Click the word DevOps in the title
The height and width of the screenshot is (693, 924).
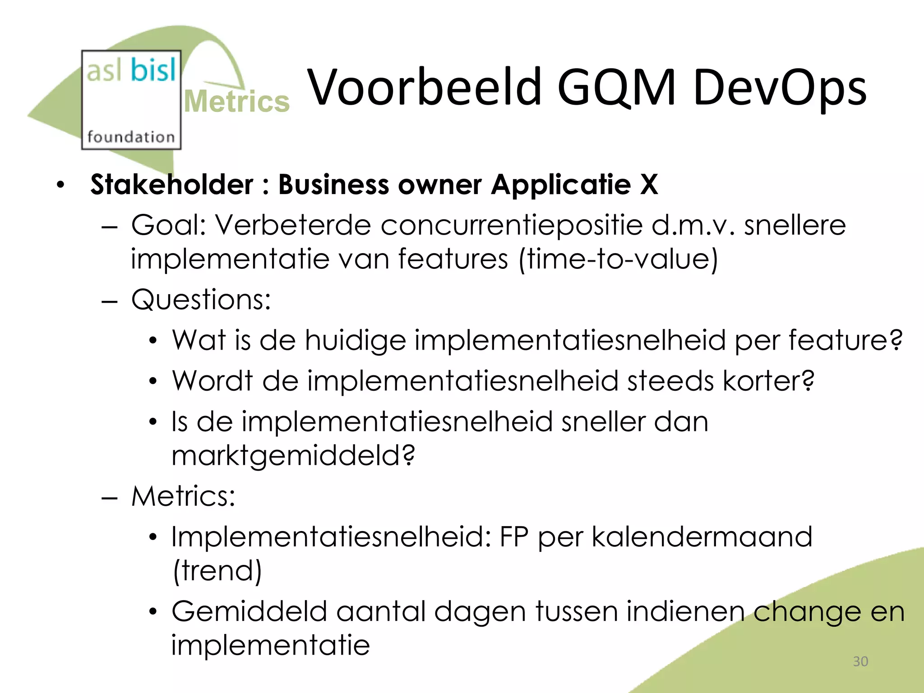coord(779,87)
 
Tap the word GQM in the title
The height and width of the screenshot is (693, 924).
coord(616,87)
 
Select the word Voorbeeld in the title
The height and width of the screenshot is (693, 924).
coord(424,87)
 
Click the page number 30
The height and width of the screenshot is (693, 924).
coord(860,661)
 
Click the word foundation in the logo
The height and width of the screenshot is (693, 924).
coord(131,136)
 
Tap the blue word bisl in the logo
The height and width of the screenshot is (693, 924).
coord(153,70)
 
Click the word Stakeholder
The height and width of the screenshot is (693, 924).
coord(172,185)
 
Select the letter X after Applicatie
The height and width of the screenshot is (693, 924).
coord(649,185)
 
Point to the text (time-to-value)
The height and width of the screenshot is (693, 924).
coord(618,259)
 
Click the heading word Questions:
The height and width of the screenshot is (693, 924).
coord(201,299)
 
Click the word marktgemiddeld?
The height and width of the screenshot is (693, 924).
coord(293,455)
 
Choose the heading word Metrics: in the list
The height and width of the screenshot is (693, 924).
coord(183,496)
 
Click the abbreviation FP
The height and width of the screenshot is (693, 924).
coord(513,537)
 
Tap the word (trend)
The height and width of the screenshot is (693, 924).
coord(217,571)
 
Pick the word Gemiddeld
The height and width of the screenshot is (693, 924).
coord(249,612)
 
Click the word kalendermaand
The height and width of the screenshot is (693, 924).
coord(702,537)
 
